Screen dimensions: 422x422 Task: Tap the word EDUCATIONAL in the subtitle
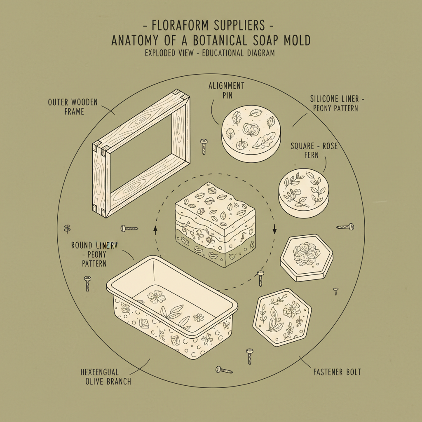tap(224, 53)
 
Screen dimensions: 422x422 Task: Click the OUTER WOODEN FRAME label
tap(73, 106)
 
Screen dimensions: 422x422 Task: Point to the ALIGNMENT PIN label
tap(226, 90)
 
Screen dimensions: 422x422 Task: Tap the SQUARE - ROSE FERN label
tap(314, 151)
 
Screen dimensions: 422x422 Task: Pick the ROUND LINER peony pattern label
tap(95, 254)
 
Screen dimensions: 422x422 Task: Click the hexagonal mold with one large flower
tap(306, 258)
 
